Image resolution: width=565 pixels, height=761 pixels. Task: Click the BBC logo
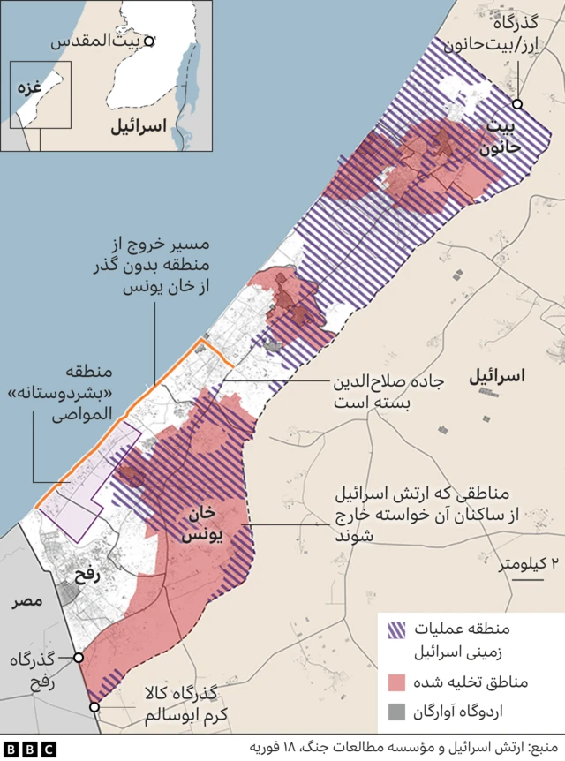point(29,749)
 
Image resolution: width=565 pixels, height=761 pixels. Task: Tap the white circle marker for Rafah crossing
point(79,657)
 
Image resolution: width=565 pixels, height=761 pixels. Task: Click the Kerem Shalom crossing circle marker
point(94,706)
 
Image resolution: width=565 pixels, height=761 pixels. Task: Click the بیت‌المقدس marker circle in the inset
point(150,41)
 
